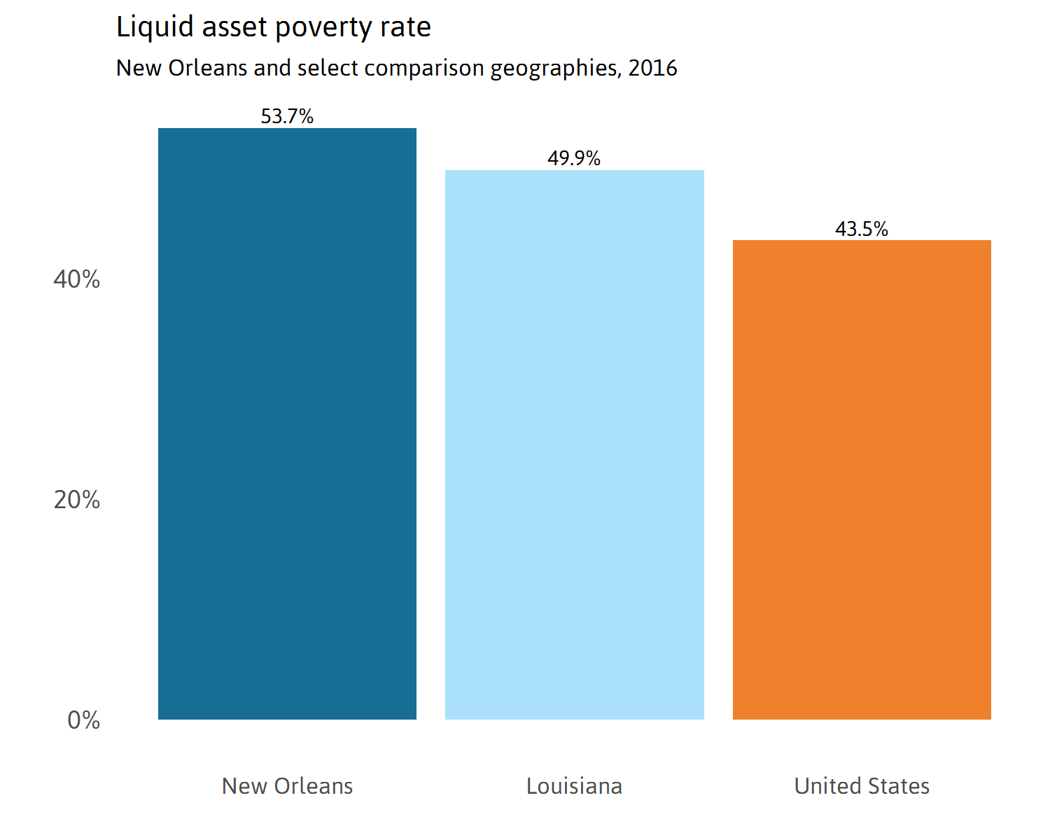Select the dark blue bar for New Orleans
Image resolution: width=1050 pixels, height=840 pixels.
[287, 423]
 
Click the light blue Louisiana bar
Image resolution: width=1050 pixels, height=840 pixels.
[574, 444]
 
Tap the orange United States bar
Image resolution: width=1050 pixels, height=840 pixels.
[862, 479]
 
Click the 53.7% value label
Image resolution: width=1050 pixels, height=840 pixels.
[287, 116]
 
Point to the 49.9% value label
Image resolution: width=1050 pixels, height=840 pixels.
[574, 158]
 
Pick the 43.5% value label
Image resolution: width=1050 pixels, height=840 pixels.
[862, 229]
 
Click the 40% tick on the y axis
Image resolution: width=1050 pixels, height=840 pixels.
[76, 279]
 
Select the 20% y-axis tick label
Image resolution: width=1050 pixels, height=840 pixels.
[76, 500]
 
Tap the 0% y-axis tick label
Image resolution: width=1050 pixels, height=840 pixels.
[83, 720]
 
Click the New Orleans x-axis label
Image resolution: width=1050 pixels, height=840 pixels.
[287, 786]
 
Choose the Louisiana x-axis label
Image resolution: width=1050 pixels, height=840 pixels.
[574, 786]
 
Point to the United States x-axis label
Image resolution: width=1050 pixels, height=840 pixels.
[862, 786]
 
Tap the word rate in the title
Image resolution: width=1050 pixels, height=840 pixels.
[405, 28]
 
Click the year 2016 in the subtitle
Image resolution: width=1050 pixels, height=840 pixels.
[652, 68]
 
